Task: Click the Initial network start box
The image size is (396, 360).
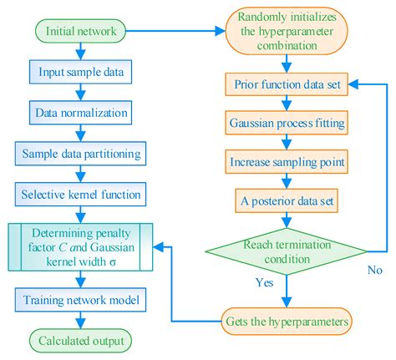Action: [x=80, y=31]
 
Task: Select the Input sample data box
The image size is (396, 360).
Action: [x=80, y=72]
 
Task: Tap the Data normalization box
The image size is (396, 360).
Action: [x=80, y=113]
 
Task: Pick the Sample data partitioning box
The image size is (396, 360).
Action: [x=80, y=154]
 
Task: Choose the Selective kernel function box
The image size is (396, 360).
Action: [x=80, y=195]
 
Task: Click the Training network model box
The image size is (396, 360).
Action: [x=80, y=300]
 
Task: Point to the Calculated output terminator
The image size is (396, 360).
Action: [x=80, y=341]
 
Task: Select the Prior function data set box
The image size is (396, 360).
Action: [x=287, y=84]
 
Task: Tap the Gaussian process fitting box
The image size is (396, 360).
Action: [x=287, y=123]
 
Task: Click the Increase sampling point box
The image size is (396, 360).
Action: [x=287, y=162]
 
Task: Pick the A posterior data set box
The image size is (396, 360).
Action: [x=287, y=200]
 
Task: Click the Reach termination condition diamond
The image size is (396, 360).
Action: [x=287, y=251]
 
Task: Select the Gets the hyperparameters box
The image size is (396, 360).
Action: [x=287, y=322]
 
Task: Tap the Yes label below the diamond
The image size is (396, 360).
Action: [x=265, y=282]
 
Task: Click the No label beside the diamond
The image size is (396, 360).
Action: [x=374, y=270]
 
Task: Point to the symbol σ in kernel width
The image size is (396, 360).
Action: [x=113, y=262]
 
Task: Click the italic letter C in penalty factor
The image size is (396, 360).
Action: [x=63, y=247]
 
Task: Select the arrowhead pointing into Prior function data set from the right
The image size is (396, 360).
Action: [x=353, y=84]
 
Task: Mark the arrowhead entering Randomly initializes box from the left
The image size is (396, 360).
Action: [x=220, y=31]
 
